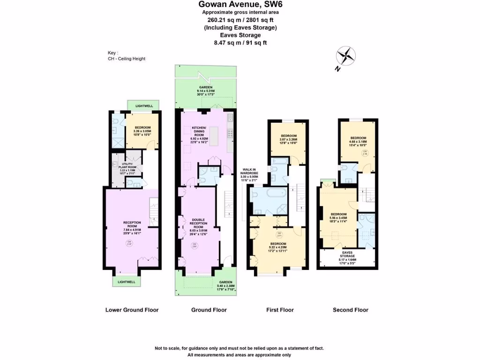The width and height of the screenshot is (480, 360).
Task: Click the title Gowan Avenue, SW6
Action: [240, 5]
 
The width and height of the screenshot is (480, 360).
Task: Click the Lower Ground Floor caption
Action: [132, 310]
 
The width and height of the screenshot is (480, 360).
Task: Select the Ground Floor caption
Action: [209, 310]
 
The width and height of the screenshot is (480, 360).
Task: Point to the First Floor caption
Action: [280, 310]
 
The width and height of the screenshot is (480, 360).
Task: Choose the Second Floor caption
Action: [350, 310]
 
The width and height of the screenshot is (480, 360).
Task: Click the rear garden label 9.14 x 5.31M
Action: [206, 91]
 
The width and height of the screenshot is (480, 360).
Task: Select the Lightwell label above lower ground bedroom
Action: [144, 106]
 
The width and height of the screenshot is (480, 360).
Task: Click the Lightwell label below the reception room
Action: [127, 282]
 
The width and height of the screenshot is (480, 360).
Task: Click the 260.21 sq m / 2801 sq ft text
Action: [240, 20]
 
